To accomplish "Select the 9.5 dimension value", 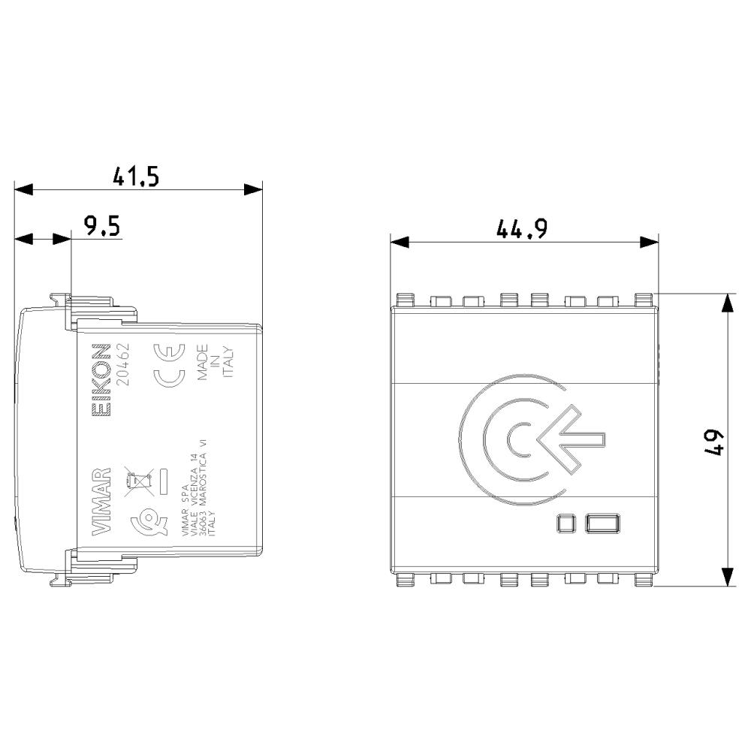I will (102, 226).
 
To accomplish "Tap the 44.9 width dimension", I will (520, 229).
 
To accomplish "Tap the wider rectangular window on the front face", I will (603, 523).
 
